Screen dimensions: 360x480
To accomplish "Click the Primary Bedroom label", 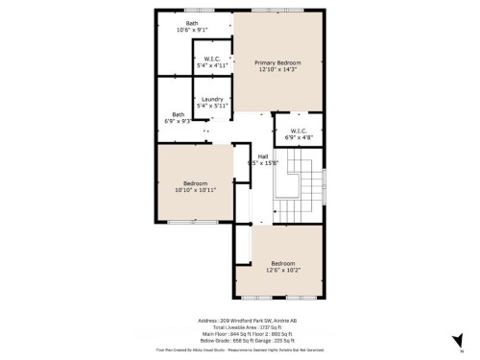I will [277, 62].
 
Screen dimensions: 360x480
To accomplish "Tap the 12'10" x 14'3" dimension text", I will [277, 70].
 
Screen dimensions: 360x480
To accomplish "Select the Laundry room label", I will [211, 99].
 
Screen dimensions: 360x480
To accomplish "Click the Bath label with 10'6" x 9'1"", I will [192, 23].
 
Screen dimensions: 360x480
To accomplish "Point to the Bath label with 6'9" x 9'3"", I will [178, 114].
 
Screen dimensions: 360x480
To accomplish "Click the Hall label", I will [262, 156].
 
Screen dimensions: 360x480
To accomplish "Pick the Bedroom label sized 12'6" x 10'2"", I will [282, 263].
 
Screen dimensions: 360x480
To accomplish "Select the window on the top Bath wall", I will [191, 10].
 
